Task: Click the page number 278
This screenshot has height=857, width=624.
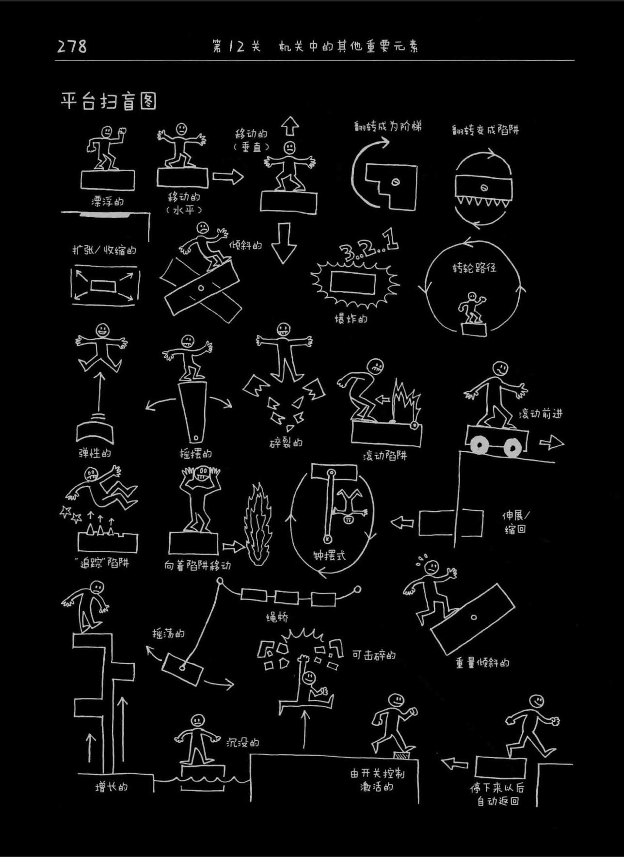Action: [x=72, y=47]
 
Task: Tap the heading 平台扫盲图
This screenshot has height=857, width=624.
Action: [x=109, y=101]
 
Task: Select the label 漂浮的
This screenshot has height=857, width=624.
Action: [x=107, y=201]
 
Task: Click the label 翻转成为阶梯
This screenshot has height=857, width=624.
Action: [x=388, y=127]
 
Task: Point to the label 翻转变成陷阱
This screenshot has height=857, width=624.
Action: [x=485, y=130]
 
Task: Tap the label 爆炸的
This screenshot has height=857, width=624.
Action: [x=351, y=318]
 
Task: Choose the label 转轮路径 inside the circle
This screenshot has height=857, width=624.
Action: [x=474, y=268]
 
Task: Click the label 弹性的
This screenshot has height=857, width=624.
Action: [x=95, y=453]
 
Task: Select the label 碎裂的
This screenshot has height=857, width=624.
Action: [x=286, y=443]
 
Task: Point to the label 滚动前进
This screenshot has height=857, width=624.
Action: [x=540, y=413]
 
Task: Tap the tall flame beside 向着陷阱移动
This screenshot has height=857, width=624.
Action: [x=258, y=526]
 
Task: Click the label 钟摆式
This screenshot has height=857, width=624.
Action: [x=329, y=555]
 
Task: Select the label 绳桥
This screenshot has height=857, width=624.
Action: [x=277, y=617]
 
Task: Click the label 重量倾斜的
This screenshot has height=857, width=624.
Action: [x=482, y=663]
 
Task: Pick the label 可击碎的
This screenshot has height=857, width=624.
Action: [x=374, y=655]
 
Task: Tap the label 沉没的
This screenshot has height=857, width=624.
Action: [x=242, y=743]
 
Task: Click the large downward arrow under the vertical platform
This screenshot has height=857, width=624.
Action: [x=284, y=242]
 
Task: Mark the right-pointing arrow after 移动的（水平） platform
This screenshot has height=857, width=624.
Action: [x=228, y=177]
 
